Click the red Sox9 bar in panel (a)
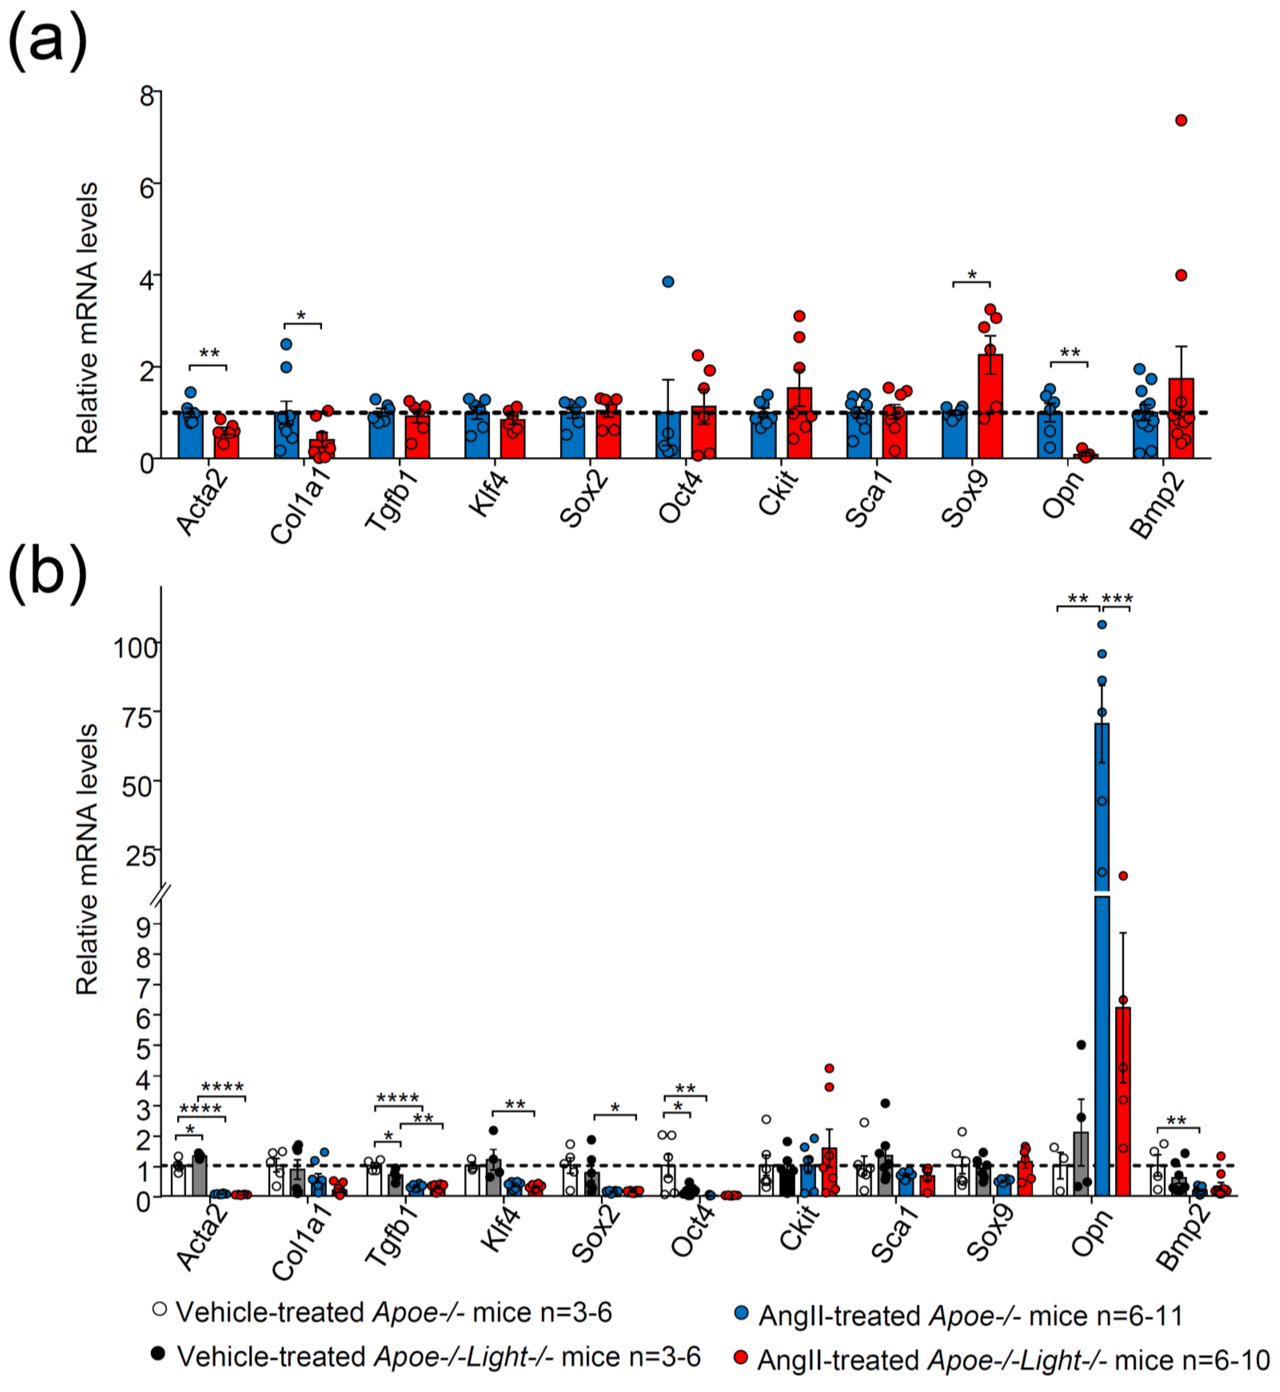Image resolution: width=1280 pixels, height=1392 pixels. pos(990,407)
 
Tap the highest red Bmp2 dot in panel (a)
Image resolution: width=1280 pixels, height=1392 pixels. pos(1181,120)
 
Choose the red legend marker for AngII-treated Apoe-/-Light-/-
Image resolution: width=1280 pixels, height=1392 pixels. pos(740,1357)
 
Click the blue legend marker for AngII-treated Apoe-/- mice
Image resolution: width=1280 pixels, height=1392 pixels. pos(740,1312)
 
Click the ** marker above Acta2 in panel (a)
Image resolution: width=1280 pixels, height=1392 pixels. pos(209,354)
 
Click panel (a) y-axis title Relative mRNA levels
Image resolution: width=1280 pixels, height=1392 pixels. pos(87,319)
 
